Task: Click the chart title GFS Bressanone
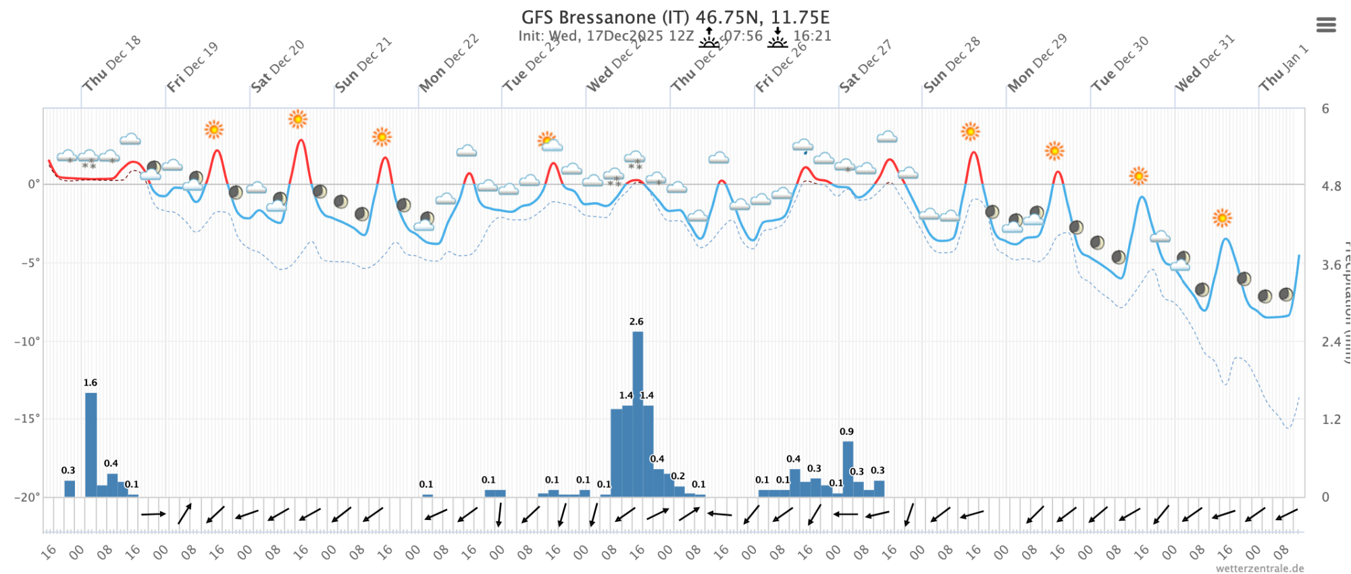(x=675, y=17)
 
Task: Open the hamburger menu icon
(x=1326, y=25)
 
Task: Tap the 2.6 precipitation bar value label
(x=636, y=322)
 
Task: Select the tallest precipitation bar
(x=638, y=412)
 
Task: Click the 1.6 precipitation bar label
(x=91, y=383)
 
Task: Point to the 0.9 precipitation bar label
(x=846, y=431)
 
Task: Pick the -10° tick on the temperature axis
(x=27, y=341)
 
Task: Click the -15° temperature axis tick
(x=27, y=419)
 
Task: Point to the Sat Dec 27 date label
(x=865, y=66)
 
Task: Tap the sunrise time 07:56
(x=743, y=36)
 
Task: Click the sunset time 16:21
(x=812, y=36)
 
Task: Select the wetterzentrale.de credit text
(x=1260, y=569)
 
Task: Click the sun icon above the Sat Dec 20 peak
(x=298, y=119)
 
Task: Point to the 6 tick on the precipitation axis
(x=1325, y=109)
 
